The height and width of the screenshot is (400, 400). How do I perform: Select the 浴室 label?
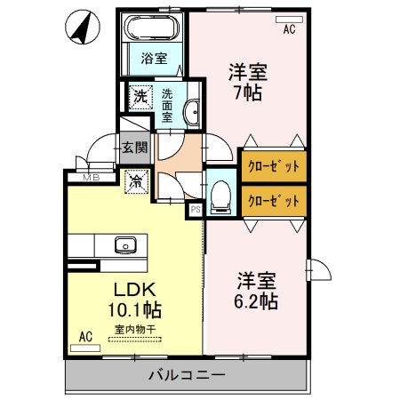pos(155,60)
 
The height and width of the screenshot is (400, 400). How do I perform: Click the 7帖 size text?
pos(248,92)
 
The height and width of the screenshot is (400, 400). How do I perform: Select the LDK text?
pos(132,290)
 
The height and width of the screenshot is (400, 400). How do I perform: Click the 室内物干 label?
pos(135,329)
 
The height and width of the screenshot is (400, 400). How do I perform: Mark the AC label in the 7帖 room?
pos(289,29)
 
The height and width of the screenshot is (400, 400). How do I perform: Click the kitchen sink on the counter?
pos(124,244)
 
